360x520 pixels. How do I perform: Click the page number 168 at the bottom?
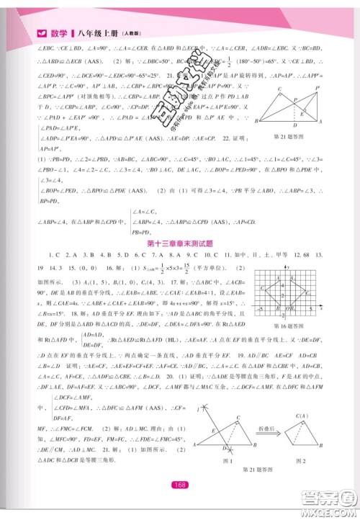tap(180, 484)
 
